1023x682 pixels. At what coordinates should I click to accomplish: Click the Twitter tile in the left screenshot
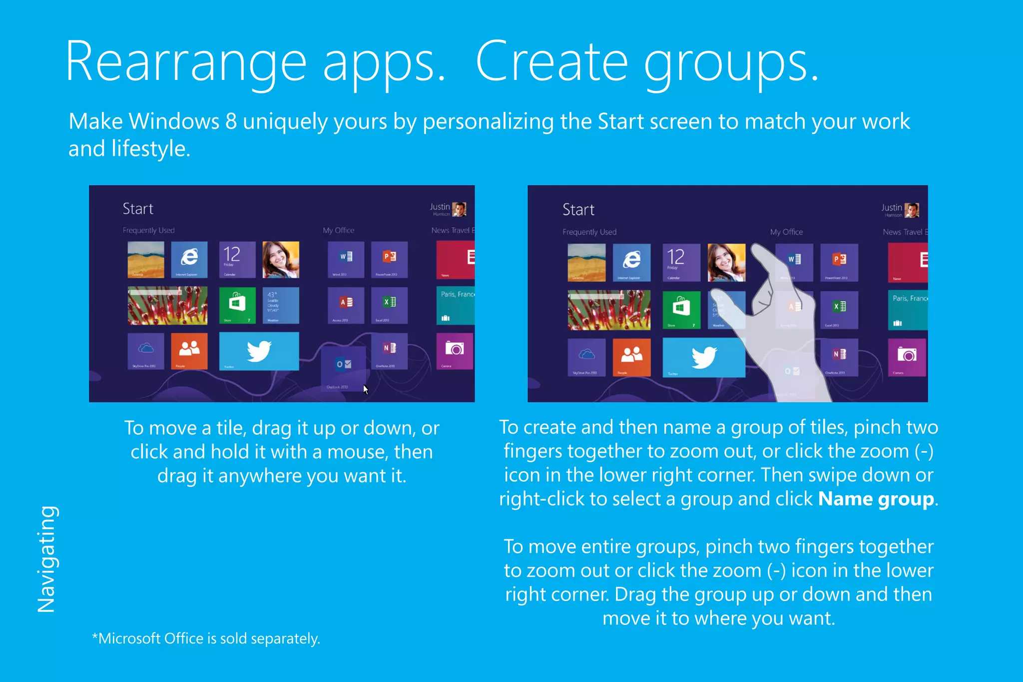point(259,351)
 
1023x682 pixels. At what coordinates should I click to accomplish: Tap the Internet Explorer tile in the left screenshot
point(189,259)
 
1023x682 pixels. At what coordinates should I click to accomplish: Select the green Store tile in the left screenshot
point(237,305)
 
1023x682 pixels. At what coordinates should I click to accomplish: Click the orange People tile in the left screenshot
point(189,351)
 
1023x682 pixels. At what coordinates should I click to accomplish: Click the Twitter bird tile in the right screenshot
point(703,357)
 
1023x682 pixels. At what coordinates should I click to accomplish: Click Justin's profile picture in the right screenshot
point(912,210)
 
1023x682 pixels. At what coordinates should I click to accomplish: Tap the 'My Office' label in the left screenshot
point(338,230)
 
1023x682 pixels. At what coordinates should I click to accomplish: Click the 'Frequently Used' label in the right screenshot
point(589,232)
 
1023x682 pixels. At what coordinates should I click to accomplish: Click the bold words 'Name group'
point(876,499)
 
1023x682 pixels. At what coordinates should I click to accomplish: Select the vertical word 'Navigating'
point(46,559)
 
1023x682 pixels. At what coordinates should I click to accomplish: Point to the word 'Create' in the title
point(551,63)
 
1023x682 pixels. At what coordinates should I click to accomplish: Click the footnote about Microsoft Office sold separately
point(206,639)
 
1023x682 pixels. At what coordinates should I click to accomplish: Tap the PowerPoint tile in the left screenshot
point(389,259)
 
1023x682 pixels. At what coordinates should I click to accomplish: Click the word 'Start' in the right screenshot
point(578,210)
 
